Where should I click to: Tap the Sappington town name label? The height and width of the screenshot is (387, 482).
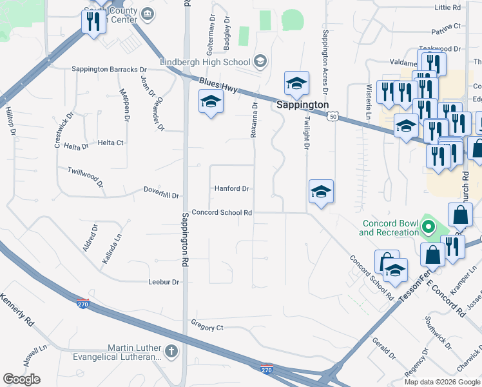[303, 104]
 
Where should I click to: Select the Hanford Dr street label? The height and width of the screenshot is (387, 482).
[231, 188]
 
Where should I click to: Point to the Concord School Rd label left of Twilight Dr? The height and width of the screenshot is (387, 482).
[221, 212]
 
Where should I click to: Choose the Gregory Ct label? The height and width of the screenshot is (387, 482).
[207, 328]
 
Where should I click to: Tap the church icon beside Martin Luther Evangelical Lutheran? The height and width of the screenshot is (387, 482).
[171, 352]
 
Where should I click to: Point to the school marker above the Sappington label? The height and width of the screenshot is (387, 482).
[296, 83]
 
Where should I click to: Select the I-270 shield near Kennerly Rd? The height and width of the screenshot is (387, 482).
[82, 303]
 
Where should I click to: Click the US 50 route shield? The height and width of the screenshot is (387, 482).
[332, 116]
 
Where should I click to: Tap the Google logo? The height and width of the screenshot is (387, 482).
[21, 379]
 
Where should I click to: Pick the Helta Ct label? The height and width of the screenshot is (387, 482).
[110, 143]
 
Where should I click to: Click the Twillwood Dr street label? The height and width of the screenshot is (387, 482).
[86, 175]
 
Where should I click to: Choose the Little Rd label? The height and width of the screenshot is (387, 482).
[448, 7]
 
